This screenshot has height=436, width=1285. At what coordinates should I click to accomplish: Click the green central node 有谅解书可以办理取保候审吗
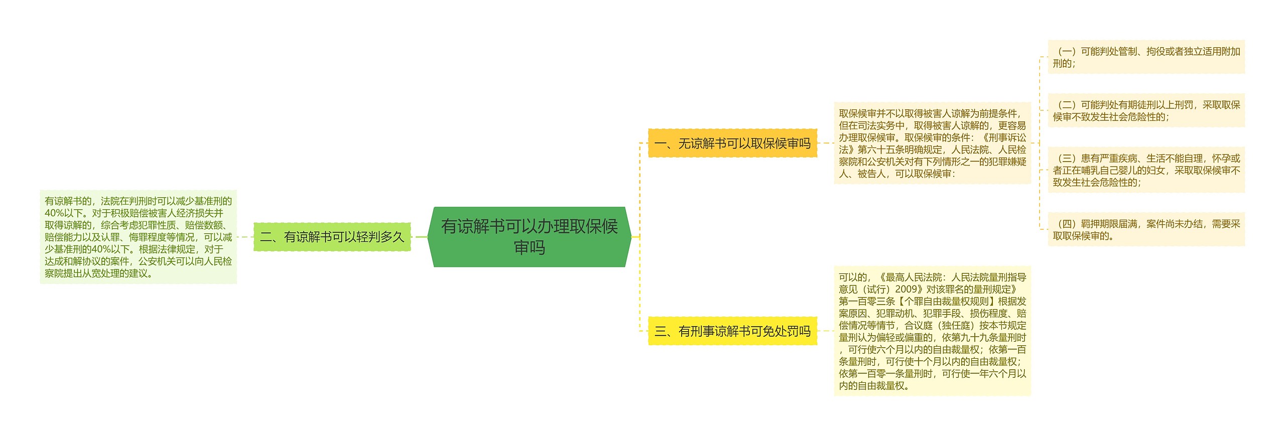coord(530,237)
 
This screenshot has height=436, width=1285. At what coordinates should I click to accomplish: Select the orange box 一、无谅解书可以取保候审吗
coord(732,143)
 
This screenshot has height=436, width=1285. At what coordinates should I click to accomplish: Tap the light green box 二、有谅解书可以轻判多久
coord(332,237)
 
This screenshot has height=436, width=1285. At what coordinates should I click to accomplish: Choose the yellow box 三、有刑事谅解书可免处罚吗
coord(732,331)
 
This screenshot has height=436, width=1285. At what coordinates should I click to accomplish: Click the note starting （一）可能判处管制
coord(1146,57)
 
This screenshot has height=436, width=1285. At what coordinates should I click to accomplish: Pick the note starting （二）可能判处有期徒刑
coord(1146,110)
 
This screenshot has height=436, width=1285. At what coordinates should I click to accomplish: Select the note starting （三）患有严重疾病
coord(1146,170)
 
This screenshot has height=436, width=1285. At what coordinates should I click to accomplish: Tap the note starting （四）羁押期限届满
coord(1146,230)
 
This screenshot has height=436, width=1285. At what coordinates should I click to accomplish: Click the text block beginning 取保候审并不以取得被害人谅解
coord(932,143)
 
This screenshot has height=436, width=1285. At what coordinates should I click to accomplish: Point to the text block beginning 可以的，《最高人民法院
coord(932,331)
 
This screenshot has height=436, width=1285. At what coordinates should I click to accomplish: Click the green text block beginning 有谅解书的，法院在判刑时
coord(138,237)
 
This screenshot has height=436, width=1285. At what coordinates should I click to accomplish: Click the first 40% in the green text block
coord(54,213)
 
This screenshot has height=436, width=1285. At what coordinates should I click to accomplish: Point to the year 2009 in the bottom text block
coord(906,289)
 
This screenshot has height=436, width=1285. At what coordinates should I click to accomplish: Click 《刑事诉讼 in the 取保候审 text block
coord(1003,137)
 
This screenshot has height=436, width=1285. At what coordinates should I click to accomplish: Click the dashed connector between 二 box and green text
coord(245,237)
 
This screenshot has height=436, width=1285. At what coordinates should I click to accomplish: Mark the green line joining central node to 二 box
coord(419,237)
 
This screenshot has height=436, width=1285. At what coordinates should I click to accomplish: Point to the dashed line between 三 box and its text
coord(826,331)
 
